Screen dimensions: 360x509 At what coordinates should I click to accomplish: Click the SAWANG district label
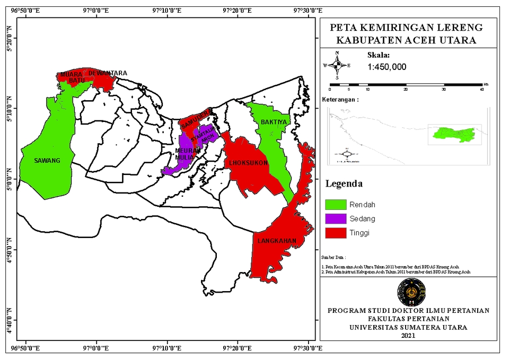click(x=47, y=161)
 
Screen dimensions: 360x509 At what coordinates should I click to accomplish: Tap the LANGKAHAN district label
click(x=276, y=241)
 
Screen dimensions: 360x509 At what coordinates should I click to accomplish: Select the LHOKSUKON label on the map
click(x=249, y=162)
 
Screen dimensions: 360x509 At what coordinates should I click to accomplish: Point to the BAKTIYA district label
click(x=273, y=122)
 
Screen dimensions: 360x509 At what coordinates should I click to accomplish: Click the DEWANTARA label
click(x=108, y=73)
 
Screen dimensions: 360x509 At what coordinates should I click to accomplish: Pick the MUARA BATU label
click(x=72, y=77)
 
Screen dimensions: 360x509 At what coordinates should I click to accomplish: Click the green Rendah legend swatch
click(x=335, y=205)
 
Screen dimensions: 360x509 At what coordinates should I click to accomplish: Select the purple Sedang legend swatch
click(x=335, y=219)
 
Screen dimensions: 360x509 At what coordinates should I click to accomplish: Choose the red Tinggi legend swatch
click(x=335, y=233)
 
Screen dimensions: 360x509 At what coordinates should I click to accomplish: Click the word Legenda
click(x=344, y=184)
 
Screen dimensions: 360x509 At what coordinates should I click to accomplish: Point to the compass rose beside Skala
click(x=336, y=65)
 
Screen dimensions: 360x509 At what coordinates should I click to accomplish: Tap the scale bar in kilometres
click(x=406, y=85)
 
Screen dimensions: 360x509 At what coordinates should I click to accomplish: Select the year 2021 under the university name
click(x=408, y=336)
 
